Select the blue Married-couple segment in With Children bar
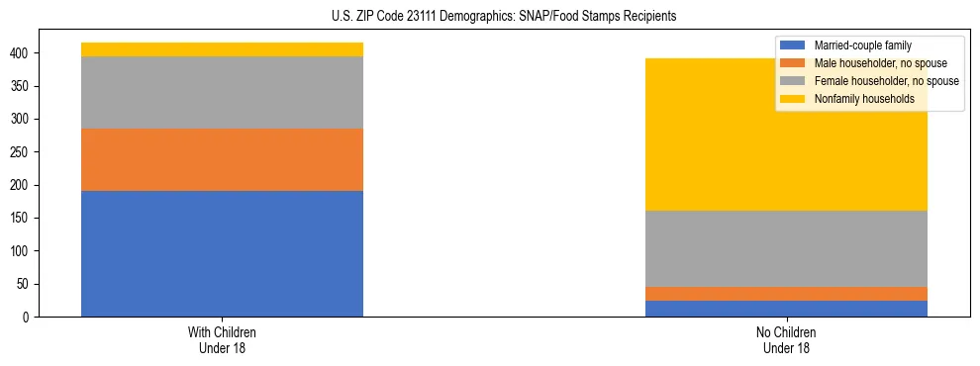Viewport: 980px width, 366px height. (x=222, y=253)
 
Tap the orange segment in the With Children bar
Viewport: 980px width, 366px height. (x=222, y=159)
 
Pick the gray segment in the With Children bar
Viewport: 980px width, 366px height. (x=222, y=92)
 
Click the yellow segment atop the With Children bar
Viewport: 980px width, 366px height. (x=222, y=49)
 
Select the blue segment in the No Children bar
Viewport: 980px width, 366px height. (x=786, y=309)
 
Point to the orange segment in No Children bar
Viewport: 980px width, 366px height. (x=786, y=294)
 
